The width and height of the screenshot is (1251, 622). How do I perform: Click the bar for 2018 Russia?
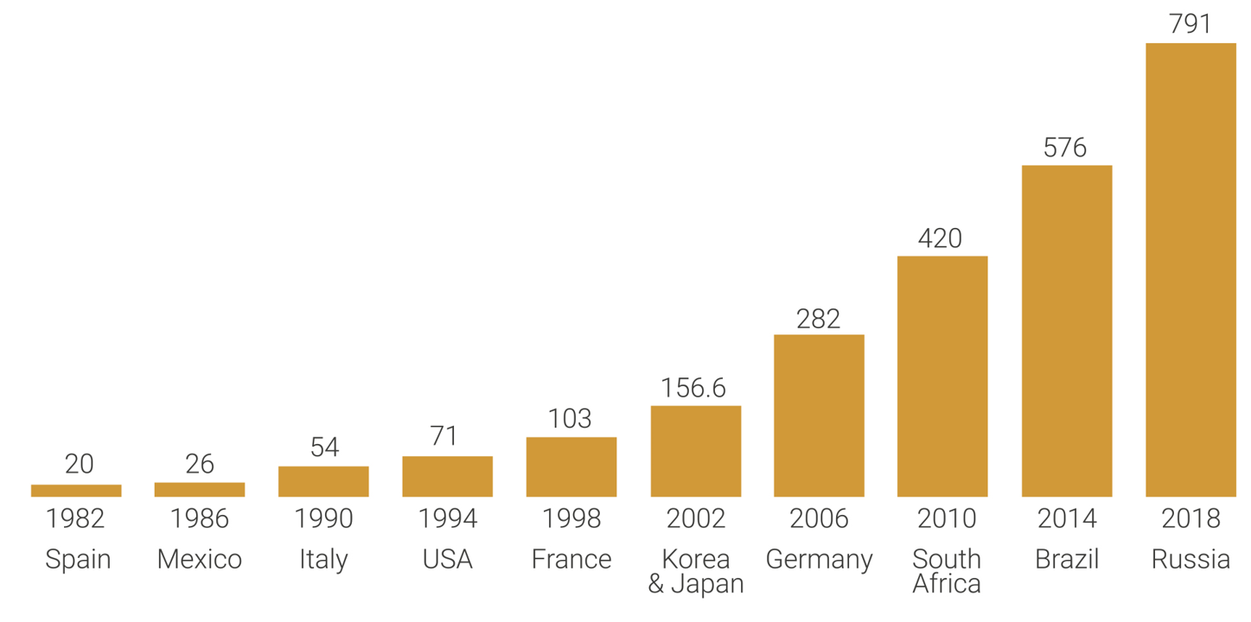[1190, 270]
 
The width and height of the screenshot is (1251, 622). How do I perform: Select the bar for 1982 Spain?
[76, 491]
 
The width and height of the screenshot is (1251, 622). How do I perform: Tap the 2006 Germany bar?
[819, 416]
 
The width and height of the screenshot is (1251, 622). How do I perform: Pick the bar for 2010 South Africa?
[942, 376]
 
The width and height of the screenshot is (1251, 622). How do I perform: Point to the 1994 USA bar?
[447, 476]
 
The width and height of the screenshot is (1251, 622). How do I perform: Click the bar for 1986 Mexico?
[200, 490]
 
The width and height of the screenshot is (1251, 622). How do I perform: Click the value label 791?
[1190, 24]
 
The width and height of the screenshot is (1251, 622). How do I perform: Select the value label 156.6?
[693, 388]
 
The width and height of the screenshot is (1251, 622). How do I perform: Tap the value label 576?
[1065, 148]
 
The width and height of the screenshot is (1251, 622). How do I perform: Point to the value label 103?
[570, 419]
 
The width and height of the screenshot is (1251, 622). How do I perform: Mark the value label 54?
[324, 447]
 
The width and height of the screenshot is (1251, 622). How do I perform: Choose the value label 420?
[940, 238]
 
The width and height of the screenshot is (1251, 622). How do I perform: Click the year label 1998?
[571, 518]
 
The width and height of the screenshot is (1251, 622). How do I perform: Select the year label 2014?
[1067, 518]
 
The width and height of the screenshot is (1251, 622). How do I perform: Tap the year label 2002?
[695, 518]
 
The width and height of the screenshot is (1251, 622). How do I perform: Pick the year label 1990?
[323, 518]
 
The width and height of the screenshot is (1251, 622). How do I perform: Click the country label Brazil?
[1067, 559]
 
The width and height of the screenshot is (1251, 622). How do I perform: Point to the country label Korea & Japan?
[696, 571]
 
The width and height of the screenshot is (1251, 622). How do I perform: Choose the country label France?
[571, 559]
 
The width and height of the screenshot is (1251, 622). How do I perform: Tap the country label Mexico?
[200, 559]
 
